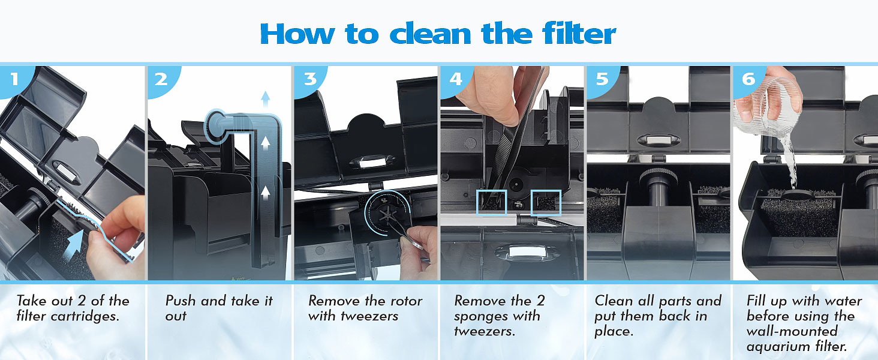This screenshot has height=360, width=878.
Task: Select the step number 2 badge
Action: point(161,80)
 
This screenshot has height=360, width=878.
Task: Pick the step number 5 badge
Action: point(602,80)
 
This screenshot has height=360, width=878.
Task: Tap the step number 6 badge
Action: point(748,80)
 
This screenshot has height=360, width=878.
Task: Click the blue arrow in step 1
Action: point(74,245)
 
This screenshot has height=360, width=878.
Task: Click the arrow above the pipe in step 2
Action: point(266,99)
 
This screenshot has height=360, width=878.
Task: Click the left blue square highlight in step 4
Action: point(492,203)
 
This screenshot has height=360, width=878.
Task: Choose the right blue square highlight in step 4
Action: point(546,203)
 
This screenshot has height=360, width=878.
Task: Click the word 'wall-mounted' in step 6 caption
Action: point(792,331)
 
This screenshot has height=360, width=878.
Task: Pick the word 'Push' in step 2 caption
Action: point(181,301)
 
